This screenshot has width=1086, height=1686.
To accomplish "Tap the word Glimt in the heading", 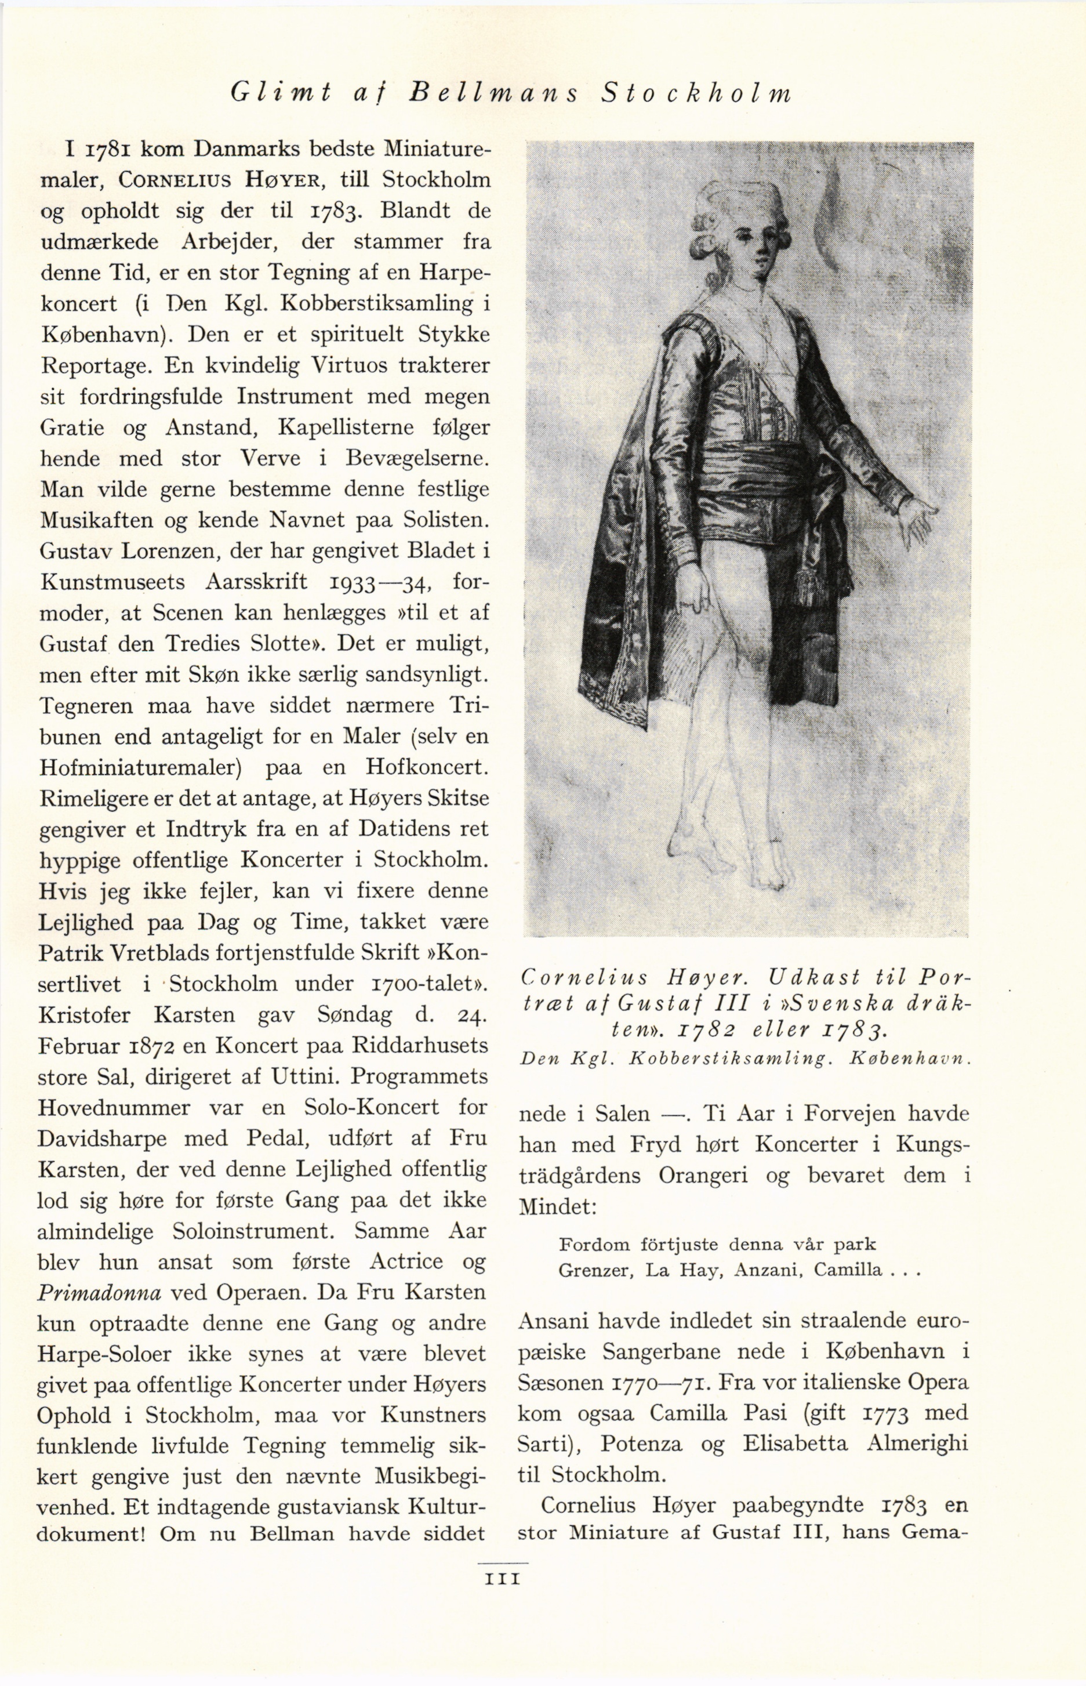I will [x=281, y=94].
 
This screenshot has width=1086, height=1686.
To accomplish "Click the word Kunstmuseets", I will [x=113, y=582].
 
